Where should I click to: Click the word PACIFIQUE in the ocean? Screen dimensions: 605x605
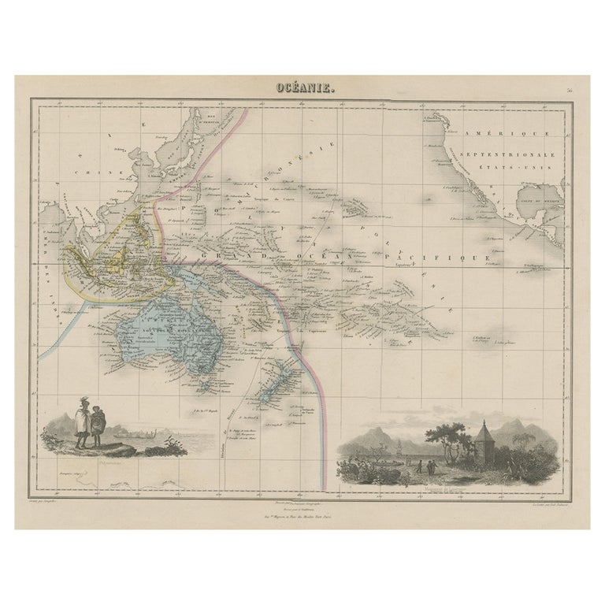453,258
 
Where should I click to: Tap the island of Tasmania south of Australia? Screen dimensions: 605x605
206,386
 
